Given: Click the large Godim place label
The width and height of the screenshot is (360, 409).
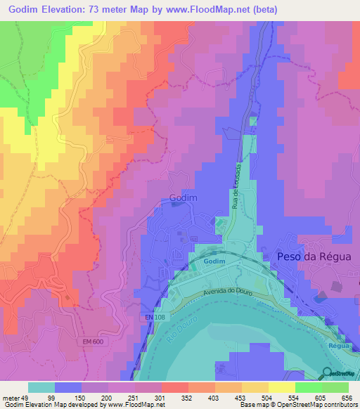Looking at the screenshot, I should (x=183, y=199).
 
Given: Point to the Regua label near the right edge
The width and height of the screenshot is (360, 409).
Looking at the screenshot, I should (x=337, y=346).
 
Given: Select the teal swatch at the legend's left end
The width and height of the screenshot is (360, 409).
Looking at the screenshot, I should (x=41, y=387).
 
